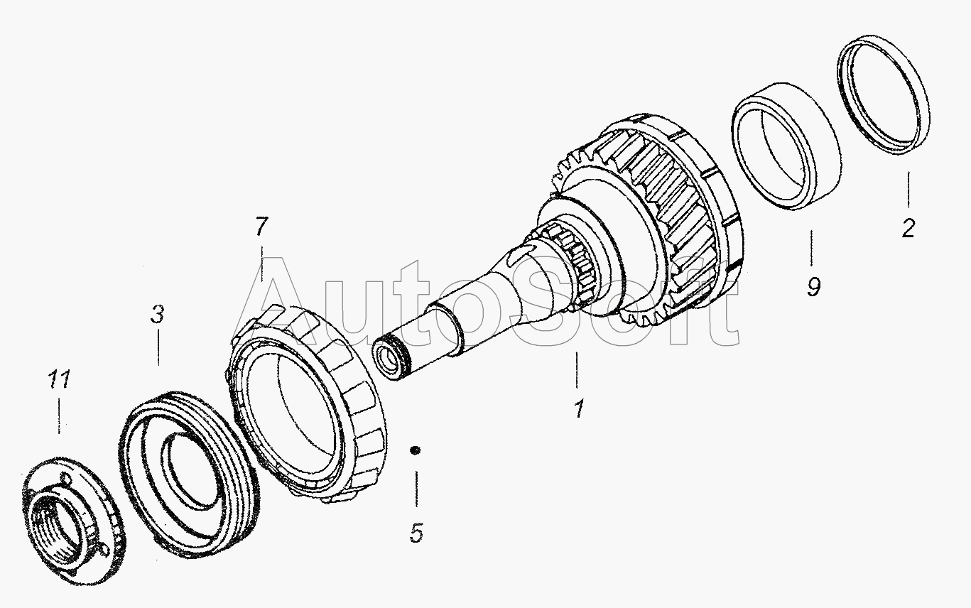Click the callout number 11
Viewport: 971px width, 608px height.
tap(59, 379)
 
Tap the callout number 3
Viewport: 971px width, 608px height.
tap(158, 314)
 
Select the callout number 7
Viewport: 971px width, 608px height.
tap(261, 226)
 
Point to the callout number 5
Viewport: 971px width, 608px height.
tap(416, 533)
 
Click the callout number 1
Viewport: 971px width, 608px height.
tap(579, 408)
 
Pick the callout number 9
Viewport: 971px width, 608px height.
tap(813, 287)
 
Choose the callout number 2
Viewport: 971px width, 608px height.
tap(908, 228)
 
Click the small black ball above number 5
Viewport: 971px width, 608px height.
tap(415, 450)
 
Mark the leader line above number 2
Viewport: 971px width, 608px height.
tap(908, 190)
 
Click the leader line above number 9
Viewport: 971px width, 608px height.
tap(811, 248)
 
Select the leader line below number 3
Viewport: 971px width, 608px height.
tap(158, 347)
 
